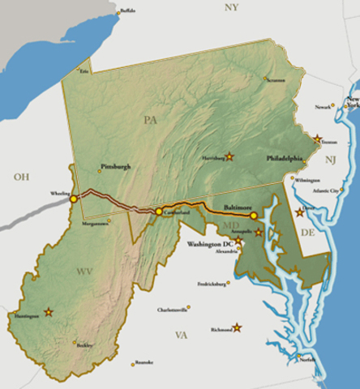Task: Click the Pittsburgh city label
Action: (114, 166)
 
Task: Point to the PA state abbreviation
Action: (150, 120)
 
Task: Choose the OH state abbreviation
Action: (20, 176)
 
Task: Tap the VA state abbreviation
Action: (181, 334)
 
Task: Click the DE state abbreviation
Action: (306, 232)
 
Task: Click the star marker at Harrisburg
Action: (229, 156)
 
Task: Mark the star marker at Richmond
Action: (237, 328)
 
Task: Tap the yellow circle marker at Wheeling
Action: (74, 198)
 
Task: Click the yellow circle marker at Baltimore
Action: (253, 216)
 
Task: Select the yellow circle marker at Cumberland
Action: (159, 212)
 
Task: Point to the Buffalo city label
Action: (127, 11)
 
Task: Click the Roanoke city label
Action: (144, 362)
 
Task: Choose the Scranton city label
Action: (276, 79)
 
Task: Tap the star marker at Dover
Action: (300, 212)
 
